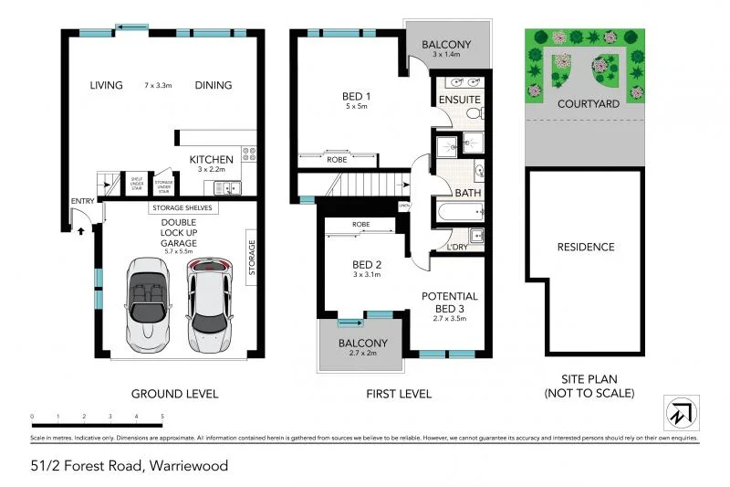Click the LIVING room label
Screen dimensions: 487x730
[x=106, y=85]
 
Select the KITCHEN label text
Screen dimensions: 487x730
[x=211, y=159]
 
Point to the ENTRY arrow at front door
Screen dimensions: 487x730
[x=81, y=231]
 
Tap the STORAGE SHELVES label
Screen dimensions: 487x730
[x=182, y=208]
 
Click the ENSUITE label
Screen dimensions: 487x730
[x=458, y=98]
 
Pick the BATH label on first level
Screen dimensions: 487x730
[x=466, y=194]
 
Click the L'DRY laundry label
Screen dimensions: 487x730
[x=458, y=247]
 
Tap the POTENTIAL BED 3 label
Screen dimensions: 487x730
[x=448, y=302]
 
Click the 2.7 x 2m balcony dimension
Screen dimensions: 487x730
[x=364, y=355]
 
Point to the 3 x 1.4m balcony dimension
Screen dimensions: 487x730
[x=446, y=55]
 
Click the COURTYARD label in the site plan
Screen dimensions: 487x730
[x=589, y=103]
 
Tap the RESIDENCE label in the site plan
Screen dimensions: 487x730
[x=586, y=247]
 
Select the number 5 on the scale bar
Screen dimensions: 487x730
[x=162, y=416]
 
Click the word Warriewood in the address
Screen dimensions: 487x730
[x=187, y=466]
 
